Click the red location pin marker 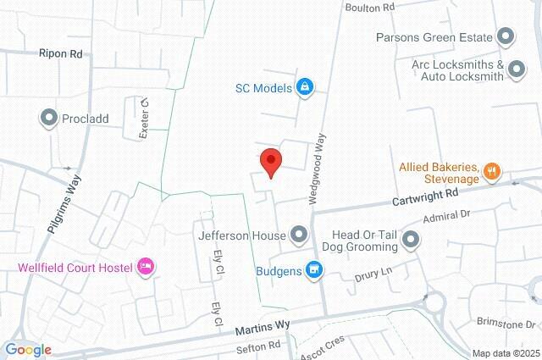click(269, 162)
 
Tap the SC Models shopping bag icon click(306, 86)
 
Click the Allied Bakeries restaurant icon click(492, 174)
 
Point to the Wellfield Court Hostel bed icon click(146, 268)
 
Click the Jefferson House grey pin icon click(298, 234)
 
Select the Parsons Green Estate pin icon click(506, 37)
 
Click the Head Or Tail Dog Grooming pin click(412, 241)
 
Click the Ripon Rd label click(60, 53)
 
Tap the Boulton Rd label click(370, 7)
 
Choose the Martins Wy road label click(263, 325)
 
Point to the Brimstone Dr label click(506, 324)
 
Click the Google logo click(27, 349)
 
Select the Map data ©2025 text click(505, 353)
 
